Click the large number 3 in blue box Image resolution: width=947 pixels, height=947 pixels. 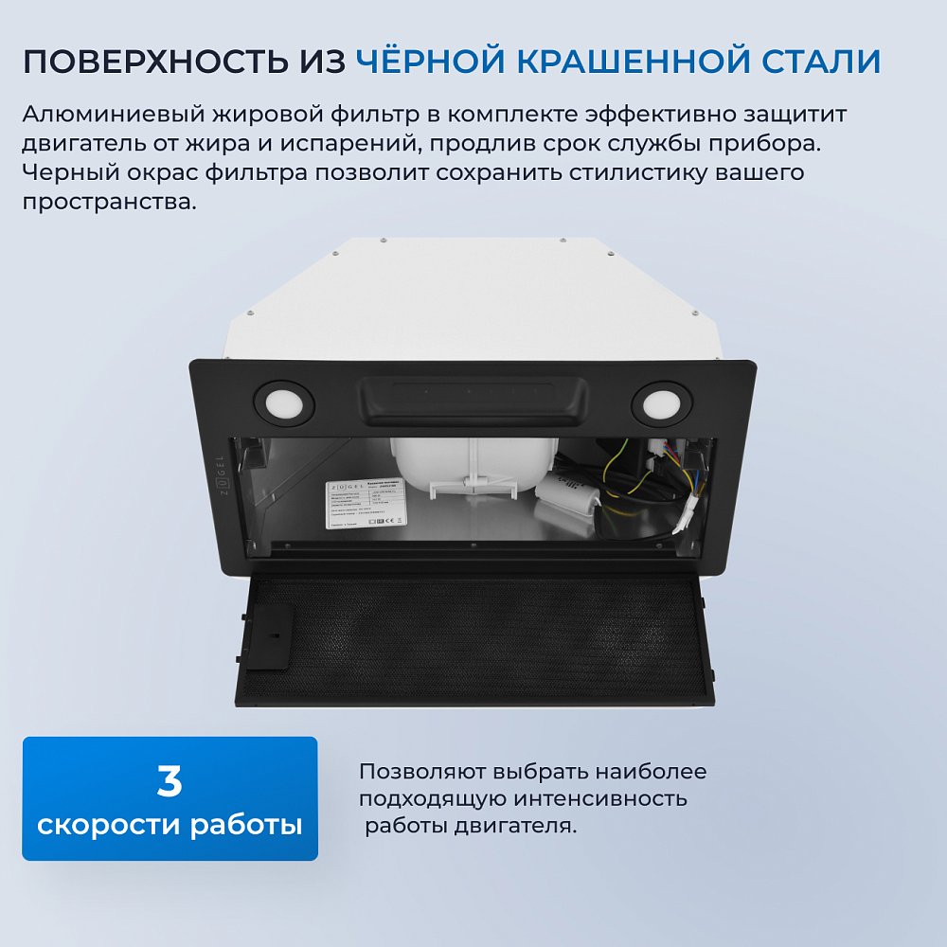click(x=170, y=781)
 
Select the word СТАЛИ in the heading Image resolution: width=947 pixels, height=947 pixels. click(x=820, y=62)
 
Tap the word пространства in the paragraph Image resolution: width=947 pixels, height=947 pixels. click(x=107, y=203)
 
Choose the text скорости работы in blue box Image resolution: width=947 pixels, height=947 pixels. click(x=170, y=825)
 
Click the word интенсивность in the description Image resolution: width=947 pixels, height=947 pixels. click(x=604, y=799)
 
